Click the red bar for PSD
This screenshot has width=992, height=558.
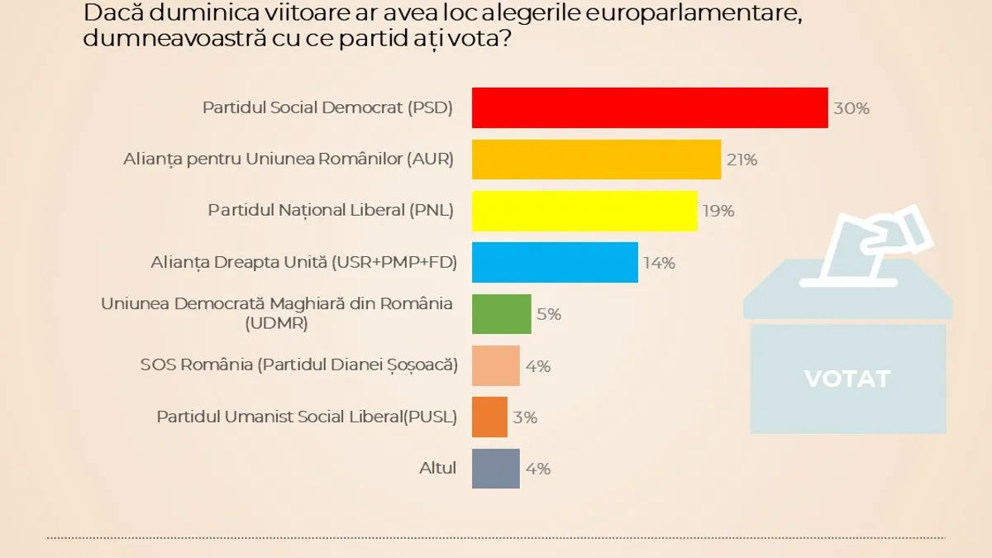coord(650,107)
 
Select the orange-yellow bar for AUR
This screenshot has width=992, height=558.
coord(596,160)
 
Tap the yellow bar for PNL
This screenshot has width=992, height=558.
coord(584,211)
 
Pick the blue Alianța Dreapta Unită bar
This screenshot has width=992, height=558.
coord(555,262)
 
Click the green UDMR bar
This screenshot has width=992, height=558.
coord(501,314)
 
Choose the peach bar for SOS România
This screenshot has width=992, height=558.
coord(495,365)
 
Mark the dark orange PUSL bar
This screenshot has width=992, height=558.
coord(489,417)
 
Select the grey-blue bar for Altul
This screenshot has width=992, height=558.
coord(495,468)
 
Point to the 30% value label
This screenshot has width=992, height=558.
coord(851,108)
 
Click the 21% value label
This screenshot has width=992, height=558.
coord(742,160)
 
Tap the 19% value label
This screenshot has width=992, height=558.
coord(718,211)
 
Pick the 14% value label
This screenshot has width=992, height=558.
coord(660,263)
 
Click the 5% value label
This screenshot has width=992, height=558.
coord(549,314)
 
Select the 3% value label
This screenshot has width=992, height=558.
coord(525,417)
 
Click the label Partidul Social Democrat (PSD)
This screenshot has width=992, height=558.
coord(327,107)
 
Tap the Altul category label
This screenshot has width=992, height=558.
coord(437,468)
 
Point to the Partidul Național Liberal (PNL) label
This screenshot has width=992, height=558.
coord(331,211)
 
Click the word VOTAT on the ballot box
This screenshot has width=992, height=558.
coord(847,379)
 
